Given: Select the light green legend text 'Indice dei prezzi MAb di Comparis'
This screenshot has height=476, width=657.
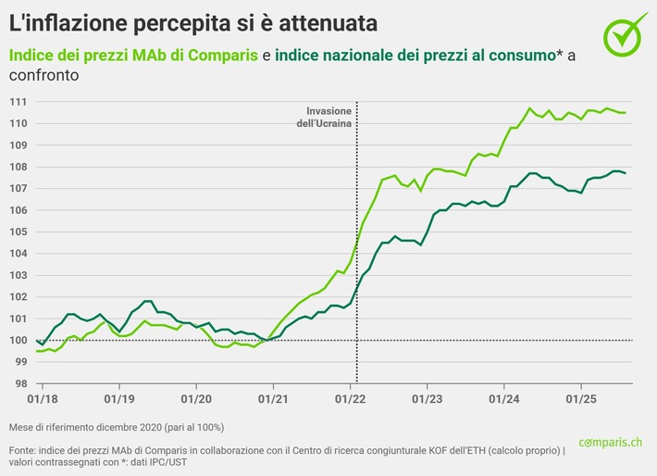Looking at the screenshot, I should (133, 56).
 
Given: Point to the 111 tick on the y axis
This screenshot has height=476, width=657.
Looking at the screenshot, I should (18, 102).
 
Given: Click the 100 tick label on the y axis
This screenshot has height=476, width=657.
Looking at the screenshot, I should (18, 340).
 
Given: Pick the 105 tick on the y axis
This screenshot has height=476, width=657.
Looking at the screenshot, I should (18, 232).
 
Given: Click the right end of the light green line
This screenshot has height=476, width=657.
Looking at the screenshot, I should (626, 112).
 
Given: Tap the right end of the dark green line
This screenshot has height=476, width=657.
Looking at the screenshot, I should (626, 173).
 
